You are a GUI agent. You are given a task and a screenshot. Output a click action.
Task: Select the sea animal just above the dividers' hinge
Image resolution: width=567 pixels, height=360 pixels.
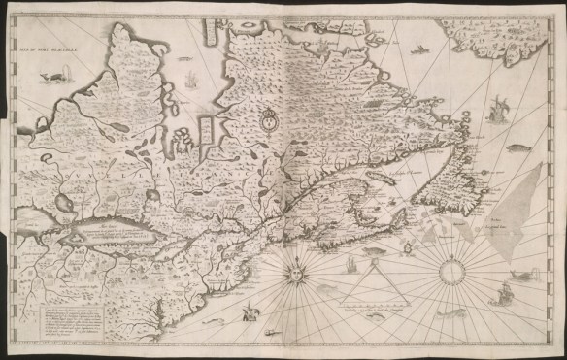click(x=375, y=250)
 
